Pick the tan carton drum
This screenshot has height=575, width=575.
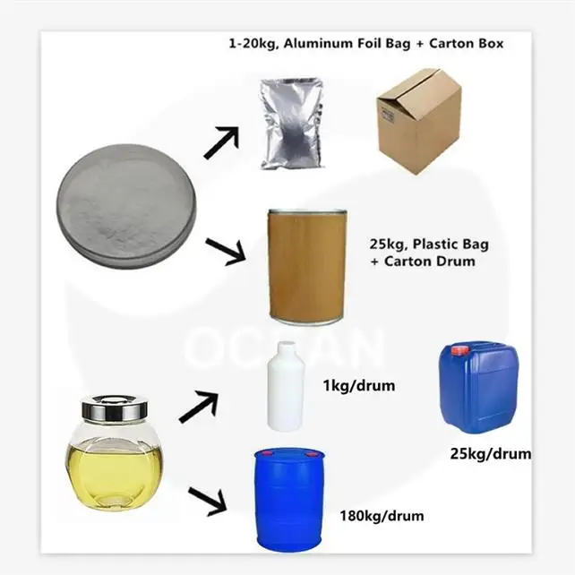[306, 265]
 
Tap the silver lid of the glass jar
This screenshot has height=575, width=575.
[114, 408]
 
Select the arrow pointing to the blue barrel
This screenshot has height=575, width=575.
[210, 502]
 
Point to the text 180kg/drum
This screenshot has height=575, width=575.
[382, 516]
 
